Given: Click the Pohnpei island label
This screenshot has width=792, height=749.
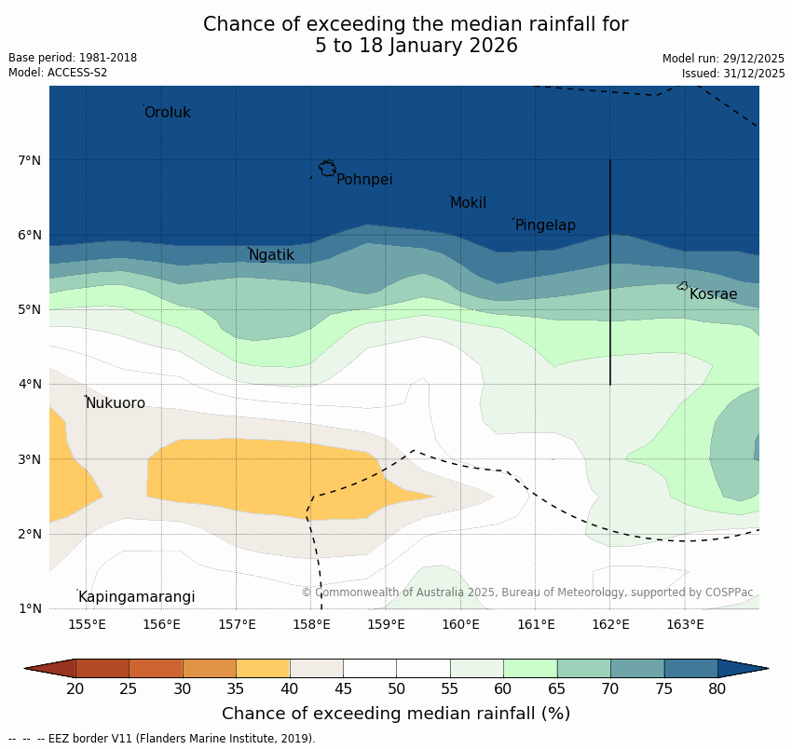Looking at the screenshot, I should click(x=364, y=180).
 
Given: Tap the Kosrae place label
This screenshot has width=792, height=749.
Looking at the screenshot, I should click(x=713, y=294).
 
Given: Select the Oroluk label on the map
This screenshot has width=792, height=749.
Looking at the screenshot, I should click(x=168, y=113).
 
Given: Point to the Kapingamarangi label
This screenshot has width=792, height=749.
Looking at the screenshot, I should click(x=137, y=597).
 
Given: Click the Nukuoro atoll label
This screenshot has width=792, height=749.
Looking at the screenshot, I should click(x=116, y=403).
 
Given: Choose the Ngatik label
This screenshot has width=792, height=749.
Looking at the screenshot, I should click(x=271, y=255).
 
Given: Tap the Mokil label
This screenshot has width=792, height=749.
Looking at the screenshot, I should click(x=469, y=203).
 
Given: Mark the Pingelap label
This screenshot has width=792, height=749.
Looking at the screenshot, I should click(x=545, y=225).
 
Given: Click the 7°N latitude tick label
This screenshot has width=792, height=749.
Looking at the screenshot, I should click(x=30, y=160).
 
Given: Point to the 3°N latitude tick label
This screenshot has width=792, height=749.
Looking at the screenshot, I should click(x=30, y=459).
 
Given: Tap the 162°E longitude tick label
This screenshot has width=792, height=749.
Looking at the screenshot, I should click(x=610, y=624).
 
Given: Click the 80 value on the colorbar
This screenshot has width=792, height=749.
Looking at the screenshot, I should click(x=717, y=689).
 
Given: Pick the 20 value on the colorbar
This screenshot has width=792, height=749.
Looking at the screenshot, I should click(x=75, y=689).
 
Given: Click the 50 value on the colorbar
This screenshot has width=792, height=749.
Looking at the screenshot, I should click(x=397, y=689).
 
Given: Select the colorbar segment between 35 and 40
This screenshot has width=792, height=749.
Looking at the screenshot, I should click(x=263, y=668).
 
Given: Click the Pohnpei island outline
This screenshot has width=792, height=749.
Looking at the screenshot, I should click(x=327, y=168).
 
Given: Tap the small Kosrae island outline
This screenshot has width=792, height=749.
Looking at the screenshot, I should click(x=683, y=286).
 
